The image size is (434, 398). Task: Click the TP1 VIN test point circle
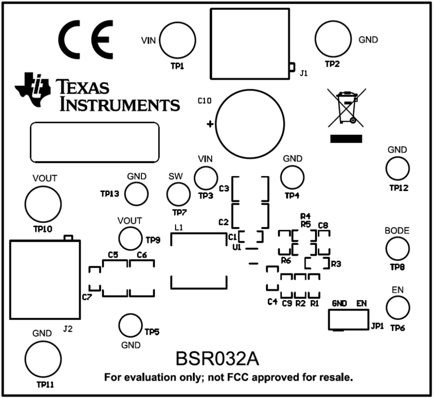pos(178,39)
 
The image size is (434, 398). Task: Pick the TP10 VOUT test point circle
pos(43,204)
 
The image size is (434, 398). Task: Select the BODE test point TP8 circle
pos(397,249)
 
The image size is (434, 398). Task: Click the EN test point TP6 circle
pos(398,307)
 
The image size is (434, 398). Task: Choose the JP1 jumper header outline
pos(348,319)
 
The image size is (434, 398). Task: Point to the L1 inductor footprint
pos(199,261)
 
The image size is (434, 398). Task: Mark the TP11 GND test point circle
pos(43,358)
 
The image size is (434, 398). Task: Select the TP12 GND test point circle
pos(397,168)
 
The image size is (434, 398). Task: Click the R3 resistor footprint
pos(317,263)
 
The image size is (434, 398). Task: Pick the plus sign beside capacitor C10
pos(210,125)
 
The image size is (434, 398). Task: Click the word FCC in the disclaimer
pos(238,377)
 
